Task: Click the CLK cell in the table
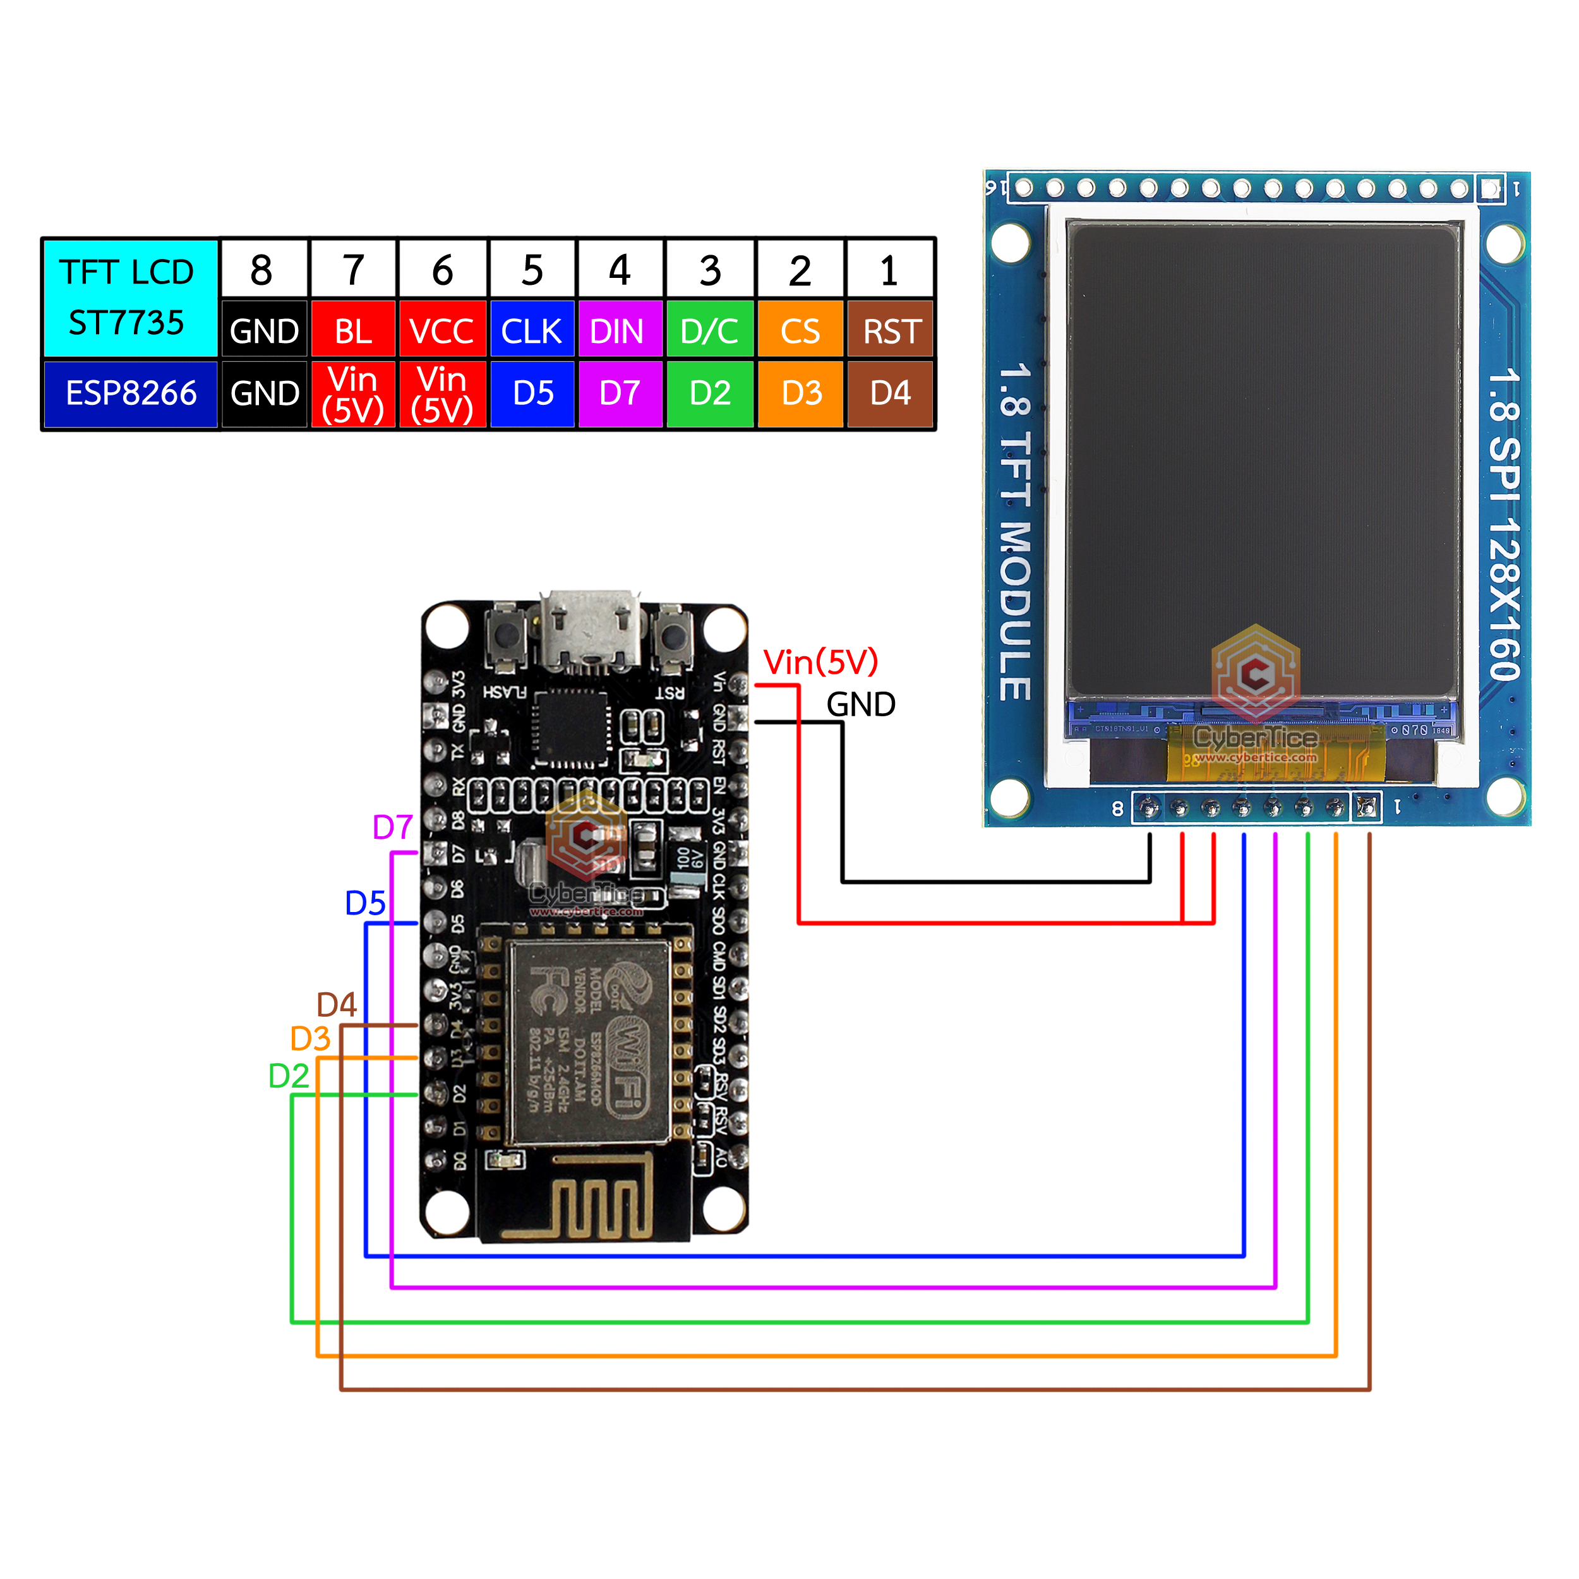pos(531,331)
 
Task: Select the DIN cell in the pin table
pos(619,331)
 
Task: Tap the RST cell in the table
pos(891,331)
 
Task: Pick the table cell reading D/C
pos(709,331)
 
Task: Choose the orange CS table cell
pos(800,331)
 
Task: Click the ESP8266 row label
pos(131,393)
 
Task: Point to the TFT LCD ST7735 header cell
pos(129,297)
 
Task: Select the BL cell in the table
pos(353,331)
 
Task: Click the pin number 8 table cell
pos(261,270)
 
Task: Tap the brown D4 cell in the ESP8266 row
pos(891,393)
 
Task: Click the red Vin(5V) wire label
pos(820,662)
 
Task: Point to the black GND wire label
pos(861,704)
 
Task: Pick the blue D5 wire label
pos(364,903)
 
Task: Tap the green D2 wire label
pos(289,1076)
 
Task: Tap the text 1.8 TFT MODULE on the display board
pos(1015,531)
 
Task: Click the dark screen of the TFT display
pos(1263,458)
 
